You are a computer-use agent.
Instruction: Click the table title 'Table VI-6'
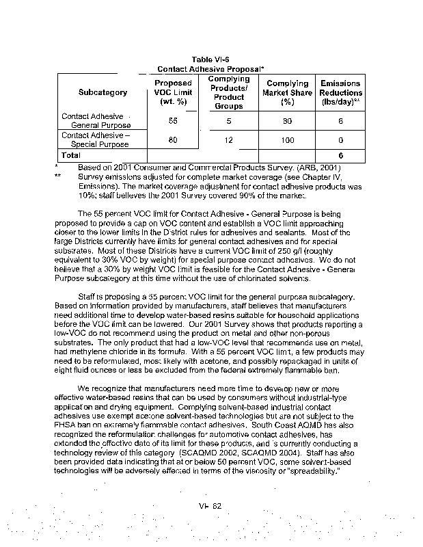click(x=210, y=59)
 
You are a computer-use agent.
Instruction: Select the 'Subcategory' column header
click(x=103, y=92)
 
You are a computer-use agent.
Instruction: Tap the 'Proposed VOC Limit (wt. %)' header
click(x=173, y=92)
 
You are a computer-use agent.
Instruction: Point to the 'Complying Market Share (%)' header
click(x=287, y=92)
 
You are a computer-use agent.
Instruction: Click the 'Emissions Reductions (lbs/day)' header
click(x=341, y=92)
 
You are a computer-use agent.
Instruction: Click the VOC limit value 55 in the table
click(x=173, y=121)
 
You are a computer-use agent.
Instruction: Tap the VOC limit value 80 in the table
click(x=173, y=141)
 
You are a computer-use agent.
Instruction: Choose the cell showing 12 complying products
click(x=229, y=141)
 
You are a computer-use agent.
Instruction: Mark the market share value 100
click(x=287, y=141)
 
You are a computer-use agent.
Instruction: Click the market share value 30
click(x=287, y=121)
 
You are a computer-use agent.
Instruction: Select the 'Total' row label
click(x=72, y=156)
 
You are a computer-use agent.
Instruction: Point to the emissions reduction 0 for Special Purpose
click(x=340, y=141)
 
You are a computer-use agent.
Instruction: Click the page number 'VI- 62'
click(x=212, y=505)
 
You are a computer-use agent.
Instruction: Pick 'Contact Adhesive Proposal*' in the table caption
click(x=210, y=69)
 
